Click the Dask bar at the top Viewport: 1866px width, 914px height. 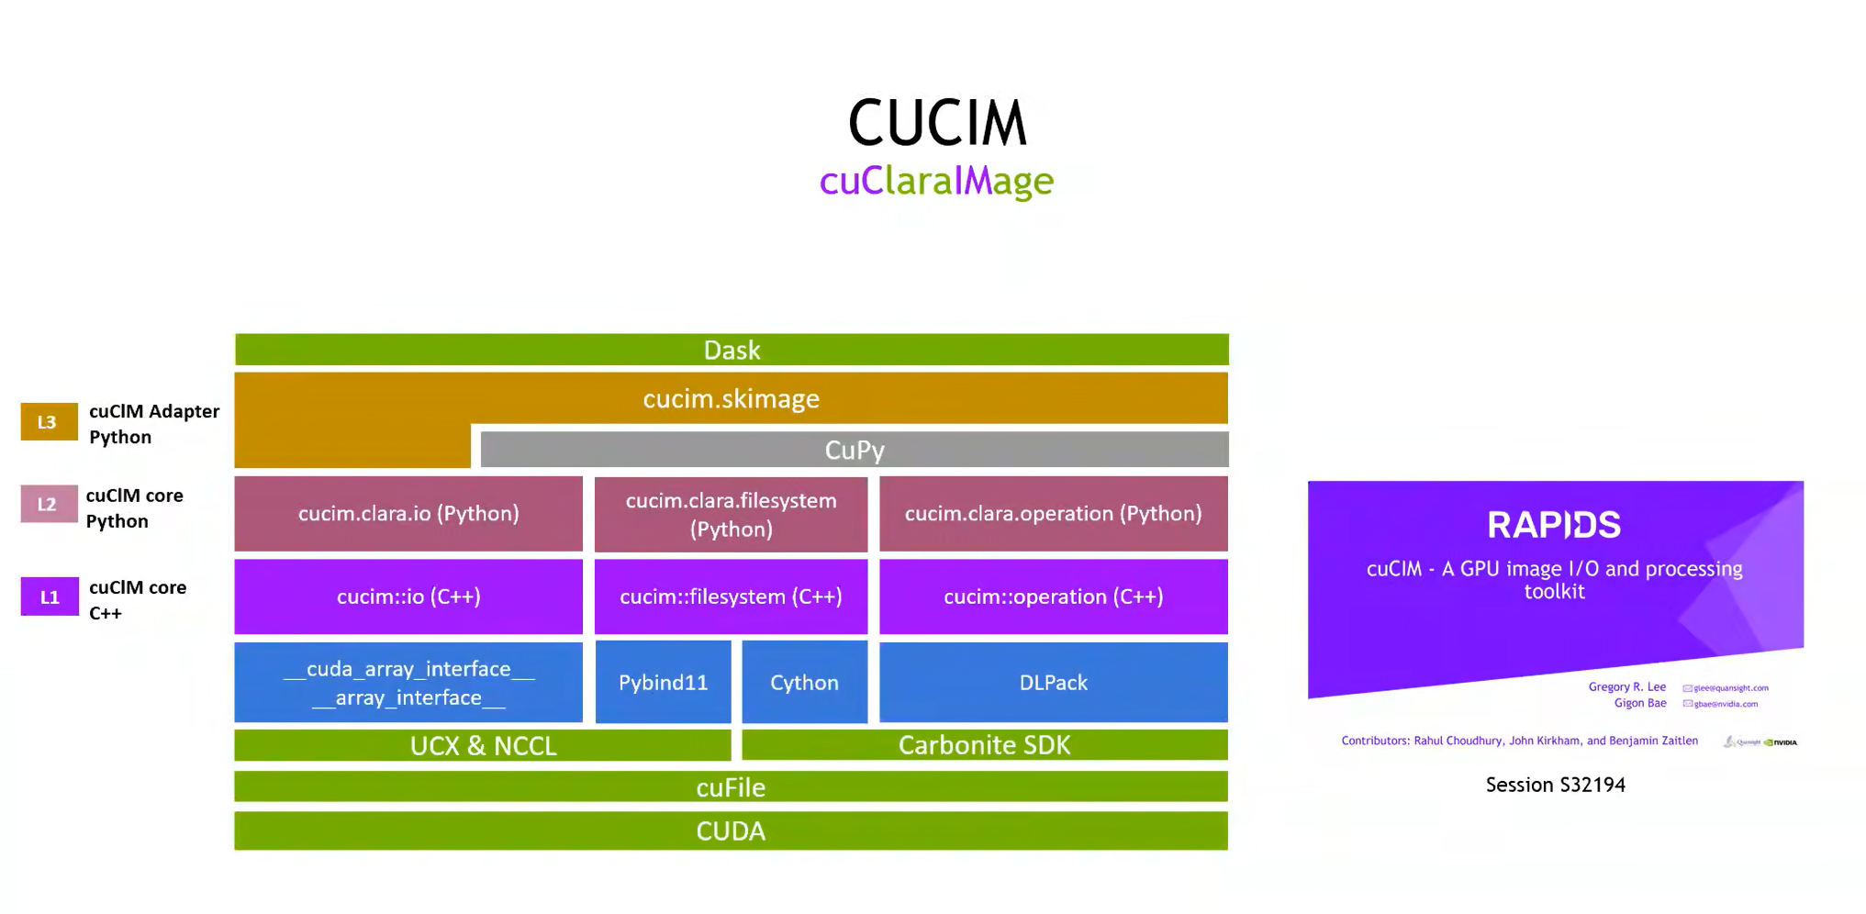tap(732, 350)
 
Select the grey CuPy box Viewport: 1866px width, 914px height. tap(854, 450)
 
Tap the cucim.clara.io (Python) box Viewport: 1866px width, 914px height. tap(408, 513)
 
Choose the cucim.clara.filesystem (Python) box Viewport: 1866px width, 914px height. tap(731, 514)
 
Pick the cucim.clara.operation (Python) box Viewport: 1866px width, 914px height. tap(1053, 513)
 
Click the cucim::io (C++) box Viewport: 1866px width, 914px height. tap(408, 596)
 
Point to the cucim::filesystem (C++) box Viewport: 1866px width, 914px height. tap(731, 596)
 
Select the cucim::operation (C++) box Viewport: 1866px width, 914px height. tap(1053, 596)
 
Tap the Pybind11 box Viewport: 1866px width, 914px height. tap(663, 682)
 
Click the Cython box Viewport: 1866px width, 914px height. tap(804, 682)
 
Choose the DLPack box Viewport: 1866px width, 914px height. tap(1053, 682)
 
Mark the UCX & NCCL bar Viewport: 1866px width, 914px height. tap(483, 745)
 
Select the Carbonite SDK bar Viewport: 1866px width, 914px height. tap(984, 745)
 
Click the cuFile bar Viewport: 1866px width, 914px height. tap(731, 786)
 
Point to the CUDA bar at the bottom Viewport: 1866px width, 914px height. tap(731, 830)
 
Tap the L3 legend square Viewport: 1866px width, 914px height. tap(49, 422)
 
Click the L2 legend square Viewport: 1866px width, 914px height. tap(49, 504)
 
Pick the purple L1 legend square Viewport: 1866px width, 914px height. tap(50, 597)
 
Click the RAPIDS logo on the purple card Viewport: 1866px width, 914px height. tap(1554, 525)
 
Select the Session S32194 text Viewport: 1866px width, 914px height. tap(1555, 785)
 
